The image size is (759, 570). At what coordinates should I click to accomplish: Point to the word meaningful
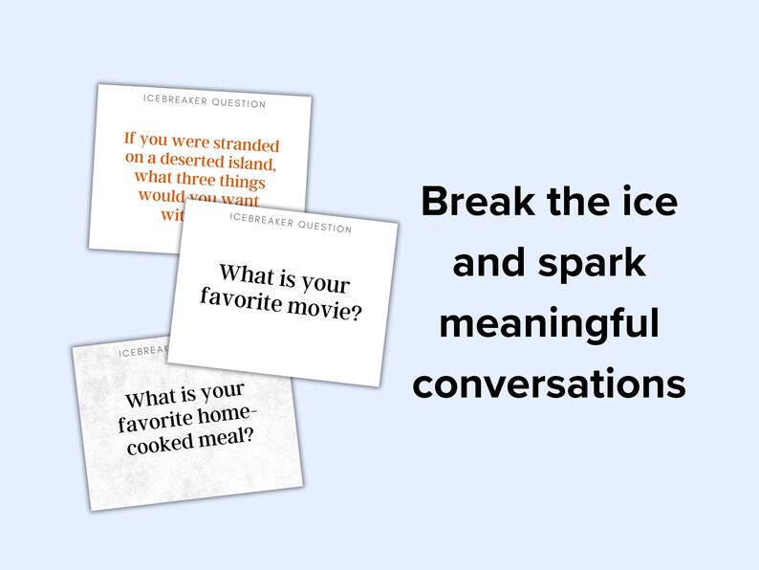549,324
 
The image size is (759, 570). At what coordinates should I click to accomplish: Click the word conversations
549,384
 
